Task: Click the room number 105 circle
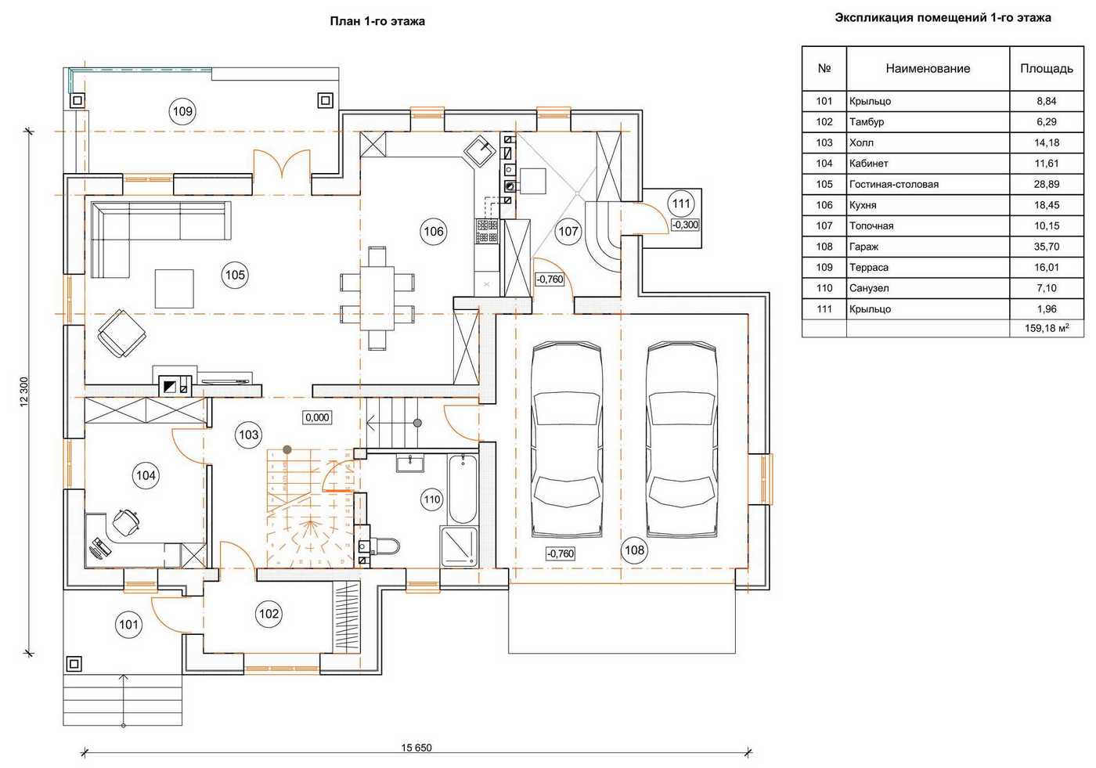[235, 275]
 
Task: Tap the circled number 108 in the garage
[634, 550]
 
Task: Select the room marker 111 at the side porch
[681, 204]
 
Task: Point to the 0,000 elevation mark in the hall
[317, 417]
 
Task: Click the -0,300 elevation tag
[685, 225]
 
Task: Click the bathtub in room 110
[463, 489]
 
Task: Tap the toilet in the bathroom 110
[384, 545]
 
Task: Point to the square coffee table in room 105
[174, 288]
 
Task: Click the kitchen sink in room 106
[479, 149]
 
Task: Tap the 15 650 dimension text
[416, 748]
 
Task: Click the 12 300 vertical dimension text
[23, 391]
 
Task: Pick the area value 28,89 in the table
[1046, 184]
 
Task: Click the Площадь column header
[1046, 68]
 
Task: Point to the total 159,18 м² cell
[1047, 329]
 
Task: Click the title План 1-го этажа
[377, 21]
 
